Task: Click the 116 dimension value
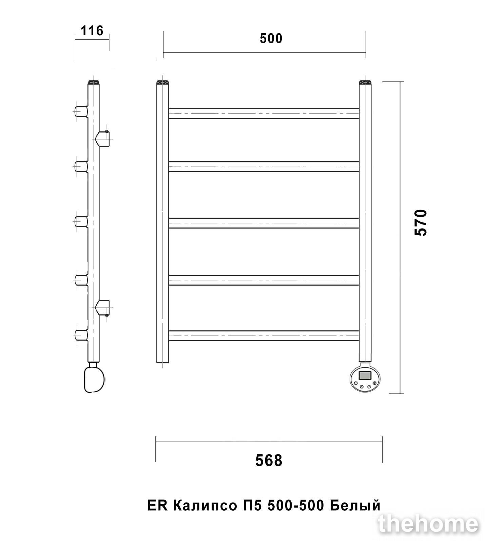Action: pyautogui.click(x=92, y=31)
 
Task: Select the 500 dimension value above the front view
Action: pyautogui.click(x=271, y=38)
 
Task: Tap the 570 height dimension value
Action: pyautogui.click(x=421, y=222)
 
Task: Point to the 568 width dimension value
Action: pyautogui.click(x=269, y=460)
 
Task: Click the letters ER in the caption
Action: pyautogui.click(x=158, y=506)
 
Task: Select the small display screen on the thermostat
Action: pyautogui.click(x=365, y=375)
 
